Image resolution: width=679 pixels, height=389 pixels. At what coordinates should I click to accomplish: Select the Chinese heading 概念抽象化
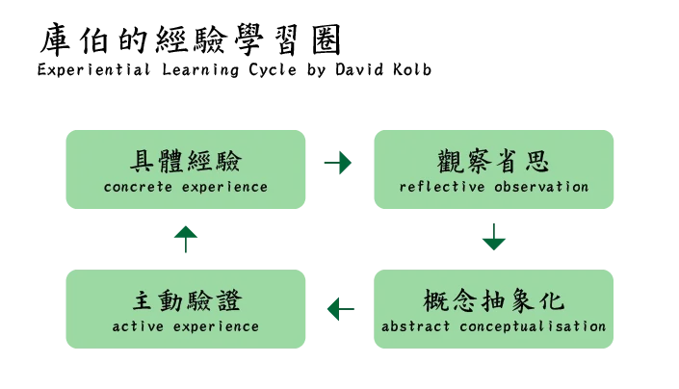493,300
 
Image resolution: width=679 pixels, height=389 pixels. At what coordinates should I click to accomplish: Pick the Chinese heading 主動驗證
185,300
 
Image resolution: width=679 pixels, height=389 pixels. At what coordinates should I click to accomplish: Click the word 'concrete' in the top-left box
137,187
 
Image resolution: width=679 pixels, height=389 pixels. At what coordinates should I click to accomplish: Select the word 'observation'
540,187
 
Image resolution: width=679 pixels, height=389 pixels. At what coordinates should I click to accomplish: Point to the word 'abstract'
415,326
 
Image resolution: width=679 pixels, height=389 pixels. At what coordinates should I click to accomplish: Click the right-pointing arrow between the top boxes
339,164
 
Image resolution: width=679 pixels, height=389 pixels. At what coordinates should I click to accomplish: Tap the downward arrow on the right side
493,239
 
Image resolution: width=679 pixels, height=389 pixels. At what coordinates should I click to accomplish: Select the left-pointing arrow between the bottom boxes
339,311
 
